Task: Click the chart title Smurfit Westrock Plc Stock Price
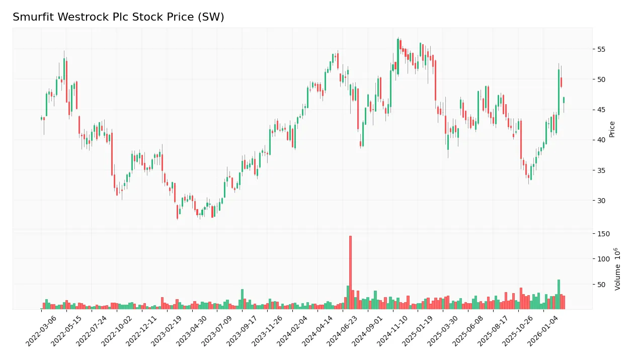118,17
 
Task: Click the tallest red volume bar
350,272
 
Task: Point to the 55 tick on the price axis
601,49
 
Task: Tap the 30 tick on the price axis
601,201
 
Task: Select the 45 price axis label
601,110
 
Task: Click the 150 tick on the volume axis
602,234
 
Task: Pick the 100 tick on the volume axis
602,259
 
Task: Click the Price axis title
612,129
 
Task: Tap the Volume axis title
617,269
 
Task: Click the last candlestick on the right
564,100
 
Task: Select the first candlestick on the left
42,119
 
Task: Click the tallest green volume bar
559,295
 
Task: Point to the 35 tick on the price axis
601,170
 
